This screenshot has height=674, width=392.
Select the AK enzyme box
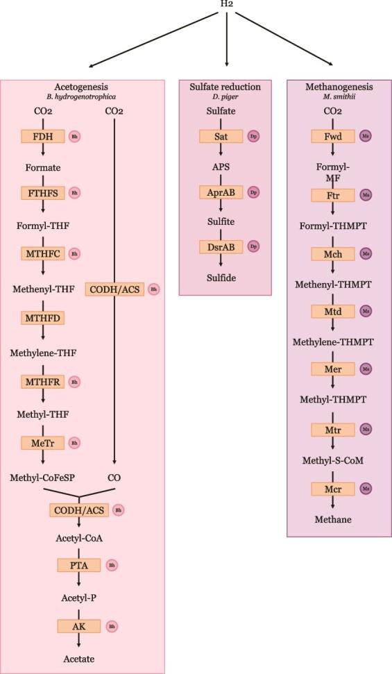78,626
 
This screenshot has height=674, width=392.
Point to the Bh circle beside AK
111,626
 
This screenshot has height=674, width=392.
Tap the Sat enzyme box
221,136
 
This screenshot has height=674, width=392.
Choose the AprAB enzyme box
221,193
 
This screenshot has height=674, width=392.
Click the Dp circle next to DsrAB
254,246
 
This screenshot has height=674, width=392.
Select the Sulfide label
221,278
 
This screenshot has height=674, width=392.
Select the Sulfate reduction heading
225,87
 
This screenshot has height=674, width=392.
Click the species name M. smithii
339,97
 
